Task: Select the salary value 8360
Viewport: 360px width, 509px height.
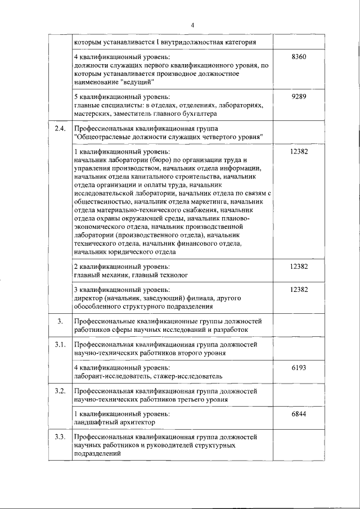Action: [299, 57]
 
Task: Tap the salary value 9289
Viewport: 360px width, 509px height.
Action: [299, 96]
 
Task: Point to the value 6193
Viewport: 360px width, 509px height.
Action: [299, 367]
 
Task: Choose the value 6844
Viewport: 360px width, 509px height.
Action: [299, 413]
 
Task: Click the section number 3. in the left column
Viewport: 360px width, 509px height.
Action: [60, 320]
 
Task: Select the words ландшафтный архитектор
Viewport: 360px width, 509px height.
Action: [114, 422]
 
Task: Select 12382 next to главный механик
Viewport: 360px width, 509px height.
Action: [299, 266]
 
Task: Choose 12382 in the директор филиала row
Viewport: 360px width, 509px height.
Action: [299, 289]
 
